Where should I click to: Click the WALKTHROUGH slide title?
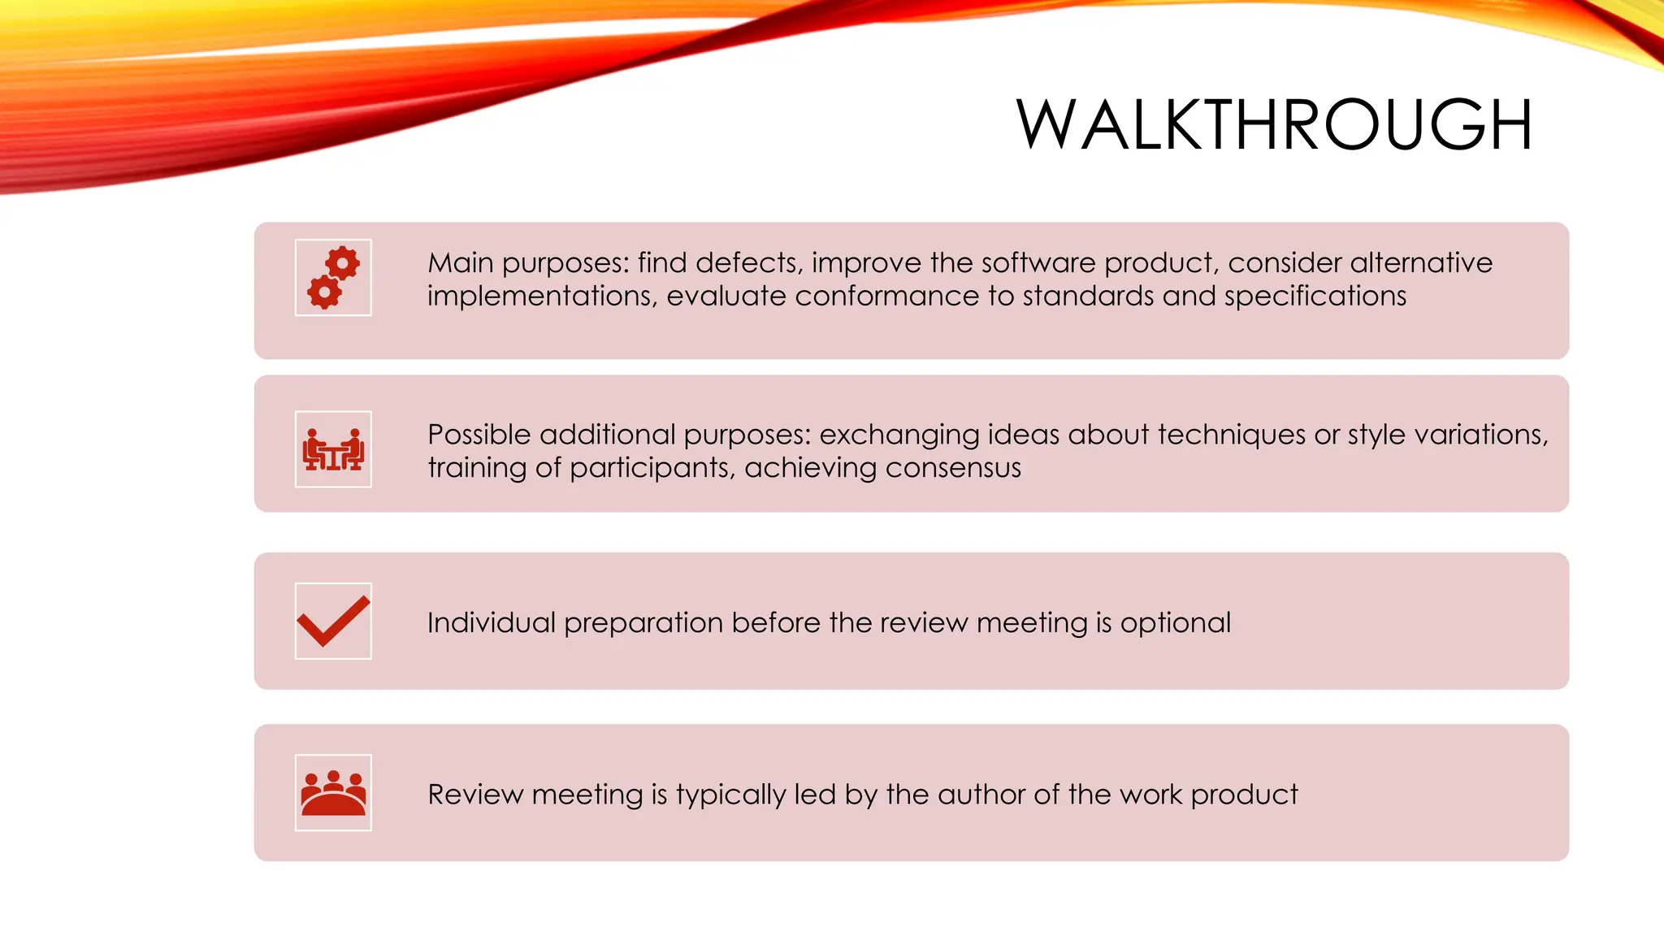tap(1274, 125)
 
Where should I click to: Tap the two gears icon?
tap(333, 278)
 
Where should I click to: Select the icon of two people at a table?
tap(333, 449)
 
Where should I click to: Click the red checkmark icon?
tap(333, 622)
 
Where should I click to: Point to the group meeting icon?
tap(333, 793)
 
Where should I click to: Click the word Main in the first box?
tap(460, 262)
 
